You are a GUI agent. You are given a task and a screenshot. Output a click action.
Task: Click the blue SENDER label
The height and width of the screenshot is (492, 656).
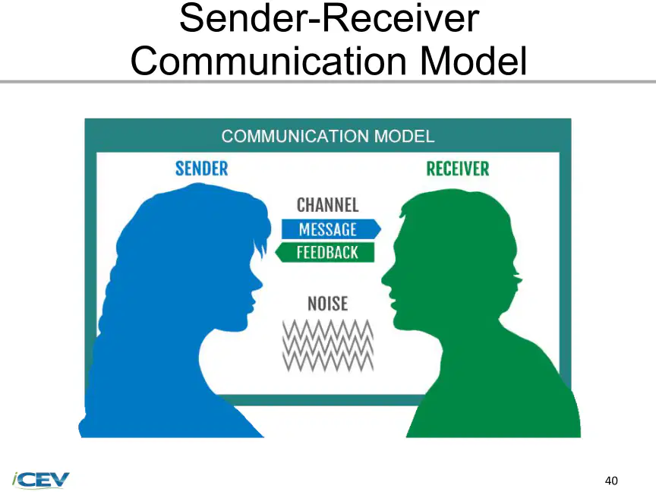point(202,169)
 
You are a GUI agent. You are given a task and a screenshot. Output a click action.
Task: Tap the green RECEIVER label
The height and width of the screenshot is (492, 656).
point(458,169)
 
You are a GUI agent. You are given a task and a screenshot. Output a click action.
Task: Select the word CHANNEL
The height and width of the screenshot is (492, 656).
point(327,205)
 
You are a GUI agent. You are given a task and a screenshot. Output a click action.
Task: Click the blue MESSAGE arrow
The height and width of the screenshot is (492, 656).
point(331,229)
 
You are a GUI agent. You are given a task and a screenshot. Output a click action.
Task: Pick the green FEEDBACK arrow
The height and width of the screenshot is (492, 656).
point(325,252)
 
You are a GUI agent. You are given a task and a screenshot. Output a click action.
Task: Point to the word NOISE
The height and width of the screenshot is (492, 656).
point(327,304)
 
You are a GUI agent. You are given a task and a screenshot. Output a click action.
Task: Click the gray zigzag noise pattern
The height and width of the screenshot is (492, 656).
point(328,345)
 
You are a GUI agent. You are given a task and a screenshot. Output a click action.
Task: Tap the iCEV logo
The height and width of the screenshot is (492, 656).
point(40,479)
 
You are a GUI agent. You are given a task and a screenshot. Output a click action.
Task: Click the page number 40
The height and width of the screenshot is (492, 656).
point(611,481)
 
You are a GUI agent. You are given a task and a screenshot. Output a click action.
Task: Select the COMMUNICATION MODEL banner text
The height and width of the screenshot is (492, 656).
point(327,137)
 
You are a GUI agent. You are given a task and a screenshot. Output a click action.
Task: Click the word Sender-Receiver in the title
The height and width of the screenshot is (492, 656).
point(330,18)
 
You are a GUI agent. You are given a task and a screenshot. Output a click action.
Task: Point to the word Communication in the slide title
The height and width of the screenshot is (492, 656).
point(269,61)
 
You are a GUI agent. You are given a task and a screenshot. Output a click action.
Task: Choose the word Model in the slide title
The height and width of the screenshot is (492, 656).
point(473,61)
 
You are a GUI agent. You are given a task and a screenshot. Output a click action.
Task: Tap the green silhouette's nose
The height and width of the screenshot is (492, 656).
point(383,279)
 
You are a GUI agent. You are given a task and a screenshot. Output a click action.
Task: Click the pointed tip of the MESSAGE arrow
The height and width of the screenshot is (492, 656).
point(381,229)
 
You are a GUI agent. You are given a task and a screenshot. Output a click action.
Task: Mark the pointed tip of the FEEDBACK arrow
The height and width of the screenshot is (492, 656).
point(276,252)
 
